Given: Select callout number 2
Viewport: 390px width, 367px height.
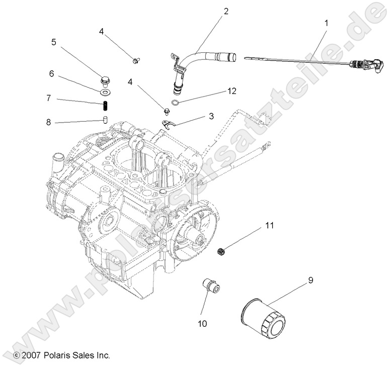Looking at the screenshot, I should click(x=226, y=11).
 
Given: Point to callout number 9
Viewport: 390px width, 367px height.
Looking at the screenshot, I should click(x=310, y=280).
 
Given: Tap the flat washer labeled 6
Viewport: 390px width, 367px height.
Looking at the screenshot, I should click(x=106, y=92).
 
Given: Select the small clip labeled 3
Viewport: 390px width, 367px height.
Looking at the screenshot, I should click(x=168, y=124).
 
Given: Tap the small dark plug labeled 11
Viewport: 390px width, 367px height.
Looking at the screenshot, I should click(x=219, y=251).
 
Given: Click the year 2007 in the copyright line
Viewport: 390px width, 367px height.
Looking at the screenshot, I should click(x=31, y=355).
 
